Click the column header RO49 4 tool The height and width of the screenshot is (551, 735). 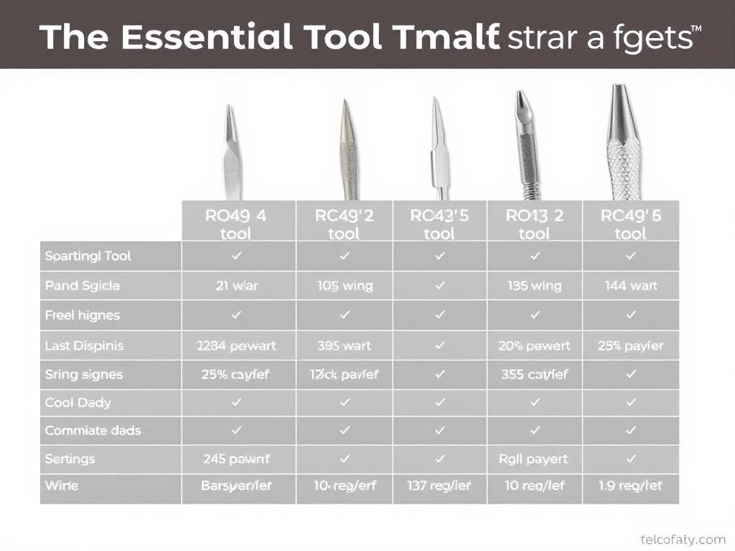tap(238, 223)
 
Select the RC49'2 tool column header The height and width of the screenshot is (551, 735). tap(344, 223)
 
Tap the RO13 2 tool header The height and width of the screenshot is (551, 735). tap(534, 223)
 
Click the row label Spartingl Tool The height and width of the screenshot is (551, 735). tap(88, 256)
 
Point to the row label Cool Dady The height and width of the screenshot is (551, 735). tap(78, 402)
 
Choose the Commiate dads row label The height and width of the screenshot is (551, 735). tap(93, 430)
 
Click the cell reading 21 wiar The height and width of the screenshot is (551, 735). tap(238, 286)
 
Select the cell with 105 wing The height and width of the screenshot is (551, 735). tap(345, 286)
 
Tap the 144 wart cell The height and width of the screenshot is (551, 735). tap(631, 286)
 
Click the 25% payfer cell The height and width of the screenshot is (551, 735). tap(631, 346)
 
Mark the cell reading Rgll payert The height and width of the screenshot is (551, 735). tap(534, 458)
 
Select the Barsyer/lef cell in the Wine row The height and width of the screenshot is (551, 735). tap(237, 486)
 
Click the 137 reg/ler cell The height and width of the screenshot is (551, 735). tap(439, 486)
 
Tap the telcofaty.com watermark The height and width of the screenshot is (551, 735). tap(682, 540)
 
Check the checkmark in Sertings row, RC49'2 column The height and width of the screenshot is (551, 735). tap(345, 458)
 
